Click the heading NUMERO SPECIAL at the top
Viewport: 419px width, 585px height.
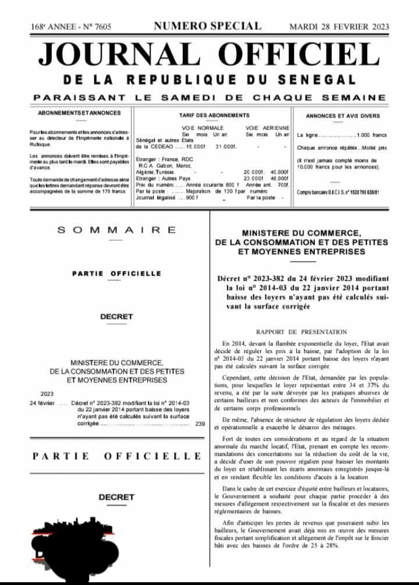click(x=207, y=26)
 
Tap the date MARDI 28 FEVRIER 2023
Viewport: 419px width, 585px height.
click(x=339, y=27)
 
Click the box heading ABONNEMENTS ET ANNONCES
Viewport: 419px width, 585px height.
click(x=79, y=113)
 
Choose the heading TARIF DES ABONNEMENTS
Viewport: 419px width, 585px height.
click(x=214, y=116)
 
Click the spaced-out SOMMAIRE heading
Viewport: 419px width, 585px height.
click(x=116, y=230)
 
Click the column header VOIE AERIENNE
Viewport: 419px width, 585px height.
click(x=267, y=127)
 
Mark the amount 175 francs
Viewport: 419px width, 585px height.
click(x=113, y=190)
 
